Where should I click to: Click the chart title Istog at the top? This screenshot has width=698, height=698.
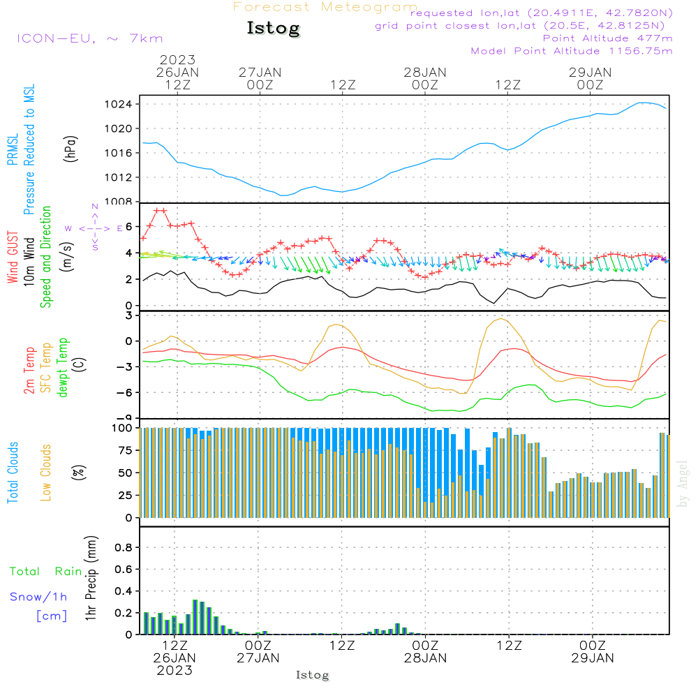coord(273,29)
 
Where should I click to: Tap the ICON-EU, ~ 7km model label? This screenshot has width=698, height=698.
coord(89,38)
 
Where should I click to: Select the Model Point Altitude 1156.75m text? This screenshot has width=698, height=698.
coord(572,51)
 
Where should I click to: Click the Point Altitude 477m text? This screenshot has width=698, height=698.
coord(607,38)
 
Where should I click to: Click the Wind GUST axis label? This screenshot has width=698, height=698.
coord(13,258)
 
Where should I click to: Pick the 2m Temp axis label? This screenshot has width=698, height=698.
coord(29,370)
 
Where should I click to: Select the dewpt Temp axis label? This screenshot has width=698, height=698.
coord(63,368)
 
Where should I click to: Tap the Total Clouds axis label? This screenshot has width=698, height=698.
coord(13,473)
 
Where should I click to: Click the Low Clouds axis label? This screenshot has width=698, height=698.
coord(46,473)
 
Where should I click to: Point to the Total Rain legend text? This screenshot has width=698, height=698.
coord(46,572)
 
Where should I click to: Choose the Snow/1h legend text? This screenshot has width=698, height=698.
coord(39,597)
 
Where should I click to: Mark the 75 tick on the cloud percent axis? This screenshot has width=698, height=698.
coord(124,450)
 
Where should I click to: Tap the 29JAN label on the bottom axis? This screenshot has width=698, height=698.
coord(592,658)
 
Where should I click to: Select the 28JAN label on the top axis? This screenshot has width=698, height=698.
coord(424,72)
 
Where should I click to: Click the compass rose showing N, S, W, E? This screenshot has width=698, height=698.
coord(95,228)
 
